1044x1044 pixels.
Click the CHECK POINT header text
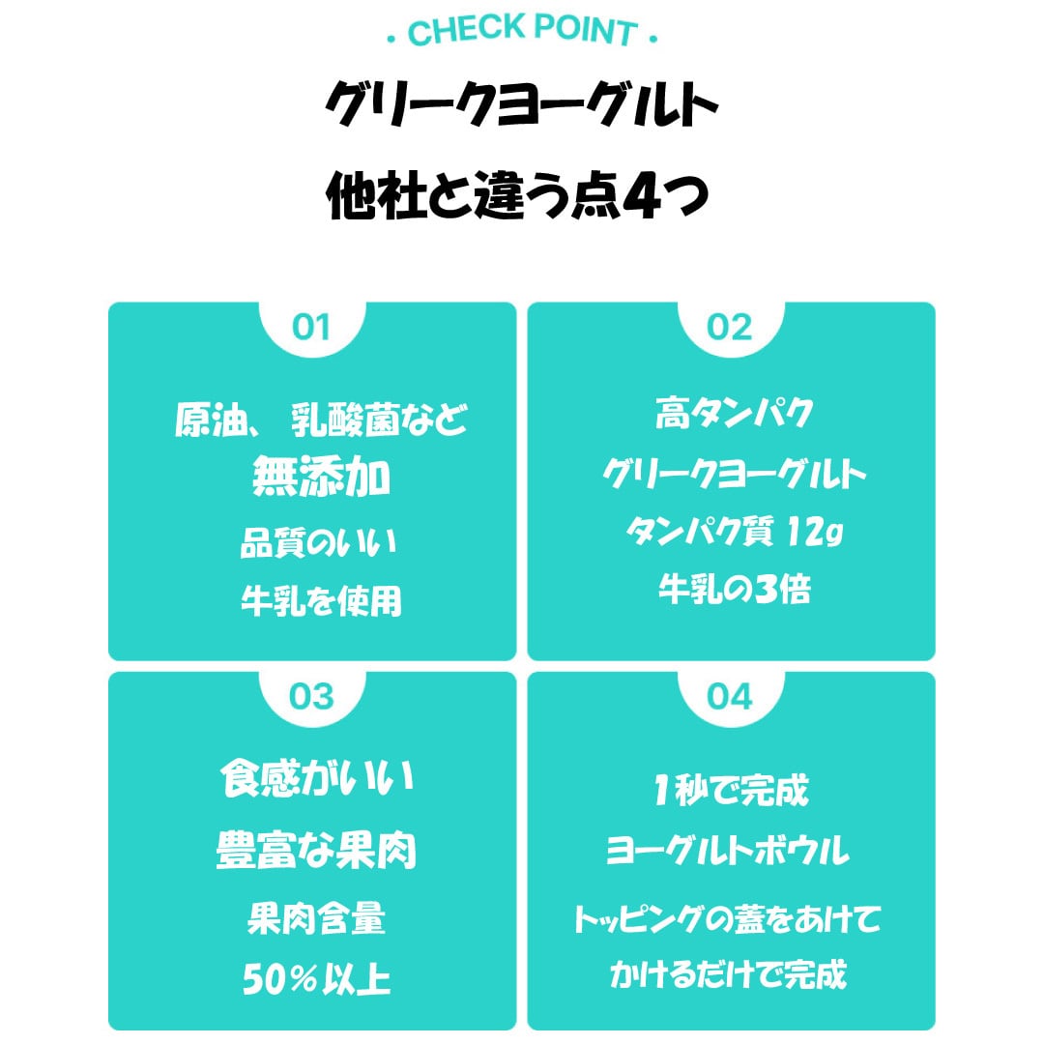(522, 31)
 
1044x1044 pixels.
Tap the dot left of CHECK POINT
(390, 40)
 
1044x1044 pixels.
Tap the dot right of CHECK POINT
(654, 40)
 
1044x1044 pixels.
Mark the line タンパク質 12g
(732, 532)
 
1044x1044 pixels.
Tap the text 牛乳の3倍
(732, 588)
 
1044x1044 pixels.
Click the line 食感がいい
(317, 781)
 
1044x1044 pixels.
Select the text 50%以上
(317, 980)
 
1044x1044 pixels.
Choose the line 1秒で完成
(732, 792)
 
